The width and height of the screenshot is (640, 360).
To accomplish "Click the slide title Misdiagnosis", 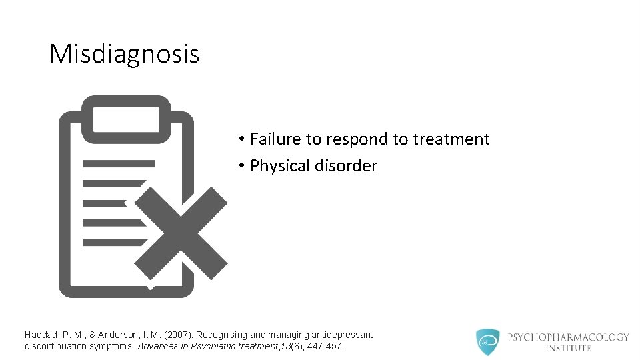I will [124, 54].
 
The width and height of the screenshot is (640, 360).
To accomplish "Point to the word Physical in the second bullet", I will [279, 166].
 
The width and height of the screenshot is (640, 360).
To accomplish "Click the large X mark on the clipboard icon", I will [185, 233].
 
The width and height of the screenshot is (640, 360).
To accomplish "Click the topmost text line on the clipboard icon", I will [118, 163].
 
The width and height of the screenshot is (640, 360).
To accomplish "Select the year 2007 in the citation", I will [167, 335].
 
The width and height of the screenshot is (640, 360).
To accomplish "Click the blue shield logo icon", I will [487, 342].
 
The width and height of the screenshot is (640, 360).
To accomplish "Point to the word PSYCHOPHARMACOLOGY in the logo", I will [568, 337].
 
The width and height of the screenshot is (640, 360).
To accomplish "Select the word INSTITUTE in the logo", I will [568, 348].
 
